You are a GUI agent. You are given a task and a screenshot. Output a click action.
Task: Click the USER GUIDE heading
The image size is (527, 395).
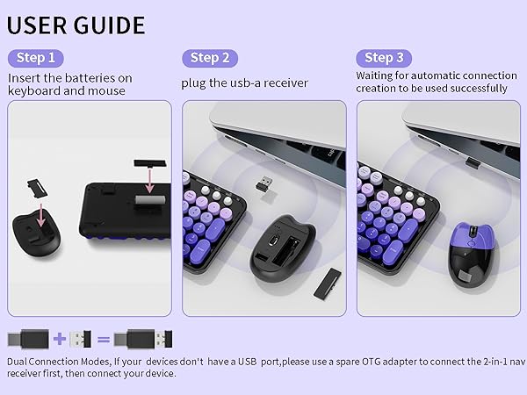[76, 24]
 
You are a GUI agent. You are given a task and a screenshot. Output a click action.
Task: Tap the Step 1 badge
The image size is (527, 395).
[36, 58]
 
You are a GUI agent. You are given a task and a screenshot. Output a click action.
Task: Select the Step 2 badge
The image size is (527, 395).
[210, 58]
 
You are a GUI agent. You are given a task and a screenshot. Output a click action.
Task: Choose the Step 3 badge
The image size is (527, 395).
[384, 58]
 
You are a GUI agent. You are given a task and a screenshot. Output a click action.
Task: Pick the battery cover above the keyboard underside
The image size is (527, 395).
[143, 166]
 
